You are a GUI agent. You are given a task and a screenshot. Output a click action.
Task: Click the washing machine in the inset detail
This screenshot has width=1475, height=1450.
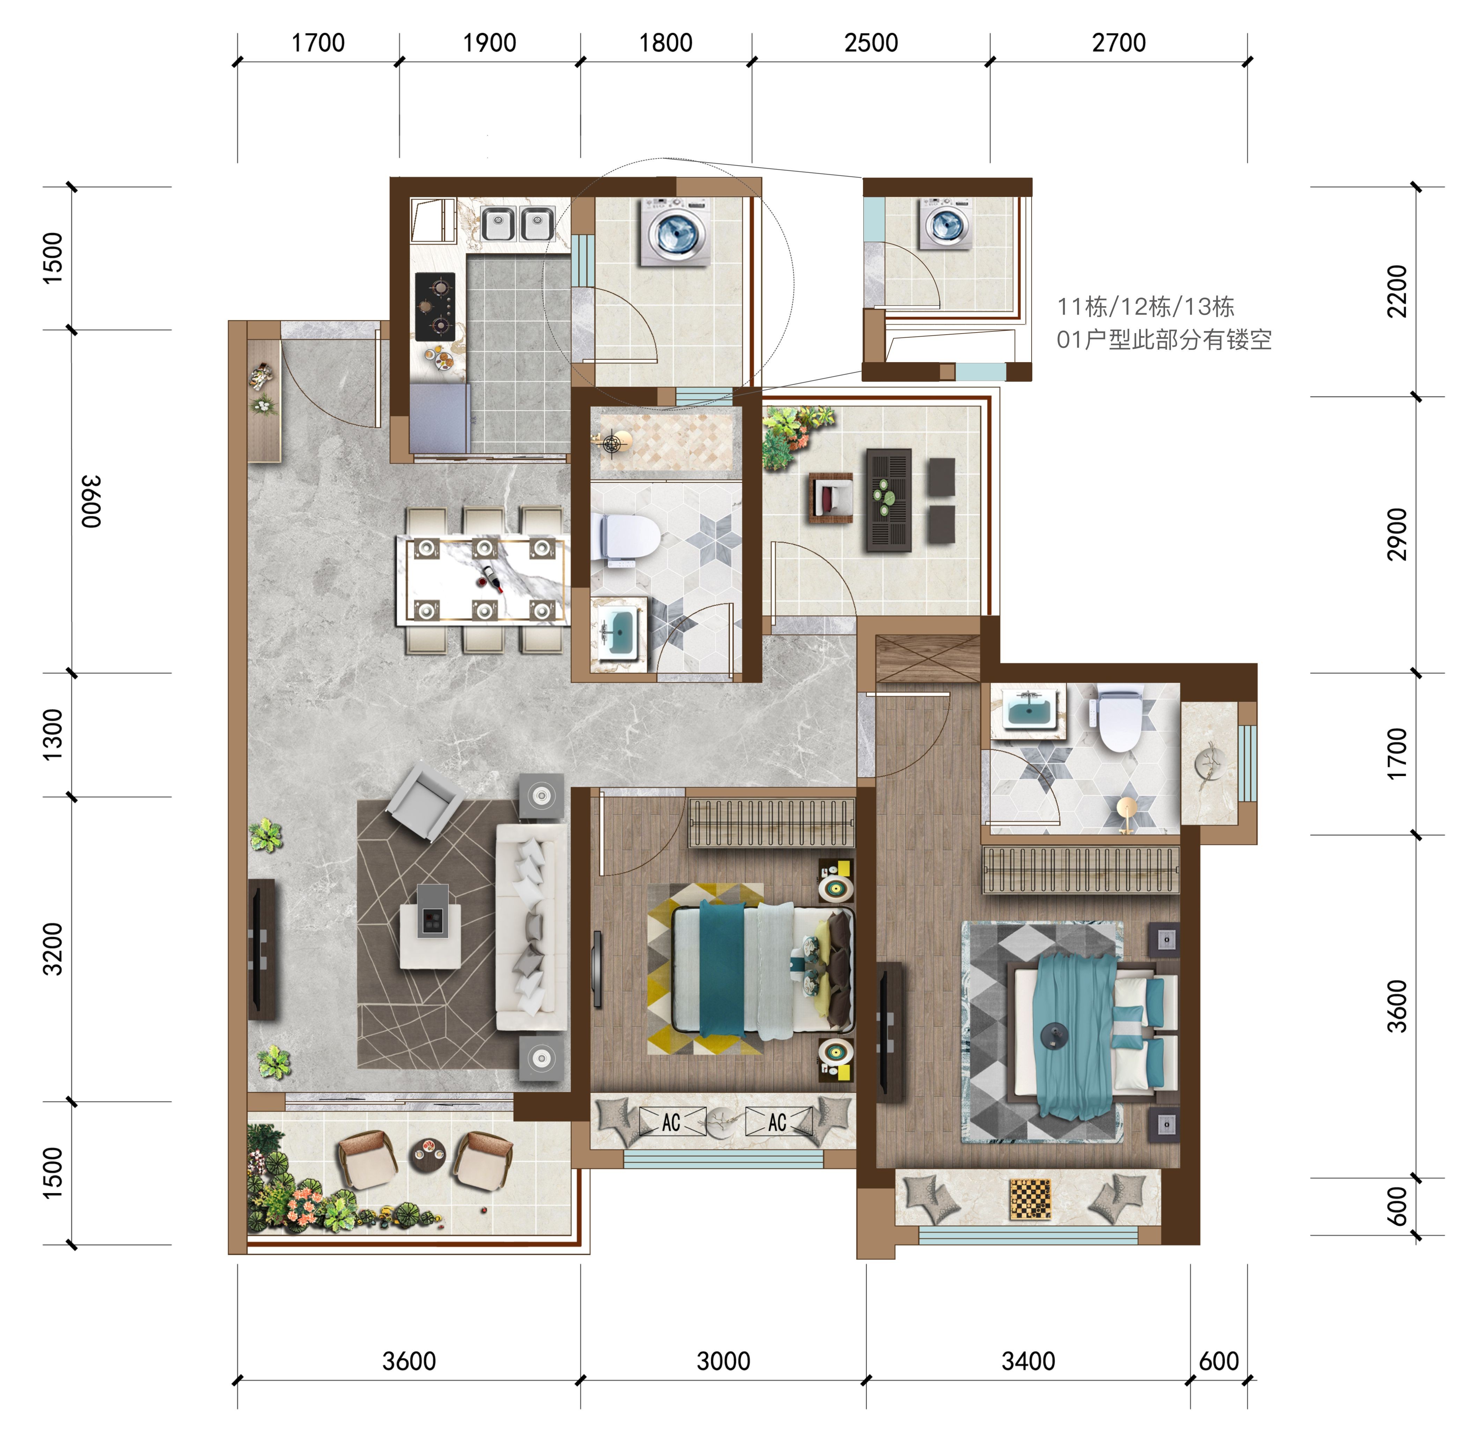(x=945, y=223)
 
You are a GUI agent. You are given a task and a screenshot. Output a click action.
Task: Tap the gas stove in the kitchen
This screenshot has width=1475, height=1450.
(x=435, y=307)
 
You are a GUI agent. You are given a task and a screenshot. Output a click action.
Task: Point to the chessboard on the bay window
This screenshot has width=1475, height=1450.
(x=1030, y=1200)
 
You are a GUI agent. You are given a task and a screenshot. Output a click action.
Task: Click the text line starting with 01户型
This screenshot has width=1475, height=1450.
(x=1164, y=340)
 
